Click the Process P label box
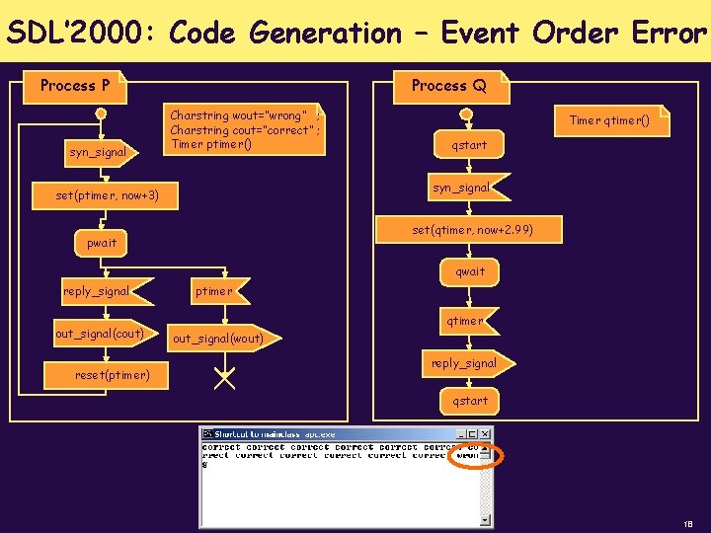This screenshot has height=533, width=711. point(75,86)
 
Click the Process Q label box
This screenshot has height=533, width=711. point(449,86)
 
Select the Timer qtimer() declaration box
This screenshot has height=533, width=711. point(609,120)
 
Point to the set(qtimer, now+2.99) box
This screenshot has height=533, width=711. point(473,230)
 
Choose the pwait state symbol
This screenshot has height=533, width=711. point(101,242)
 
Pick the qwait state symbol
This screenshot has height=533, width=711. point(470,271)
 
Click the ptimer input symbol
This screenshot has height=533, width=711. point(214,291)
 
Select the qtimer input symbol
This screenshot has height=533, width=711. point(464,321)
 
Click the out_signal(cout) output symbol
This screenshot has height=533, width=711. point(100,334)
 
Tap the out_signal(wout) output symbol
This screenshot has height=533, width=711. point(219,339)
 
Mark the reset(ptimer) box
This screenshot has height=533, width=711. point(113,375)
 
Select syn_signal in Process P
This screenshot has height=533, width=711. point(99,152)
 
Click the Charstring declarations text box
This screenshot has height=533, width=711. point(245,129)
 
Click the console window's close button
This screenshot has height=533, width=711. point(484,433)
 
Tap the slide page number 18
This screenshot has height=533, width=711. point(687,521)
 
